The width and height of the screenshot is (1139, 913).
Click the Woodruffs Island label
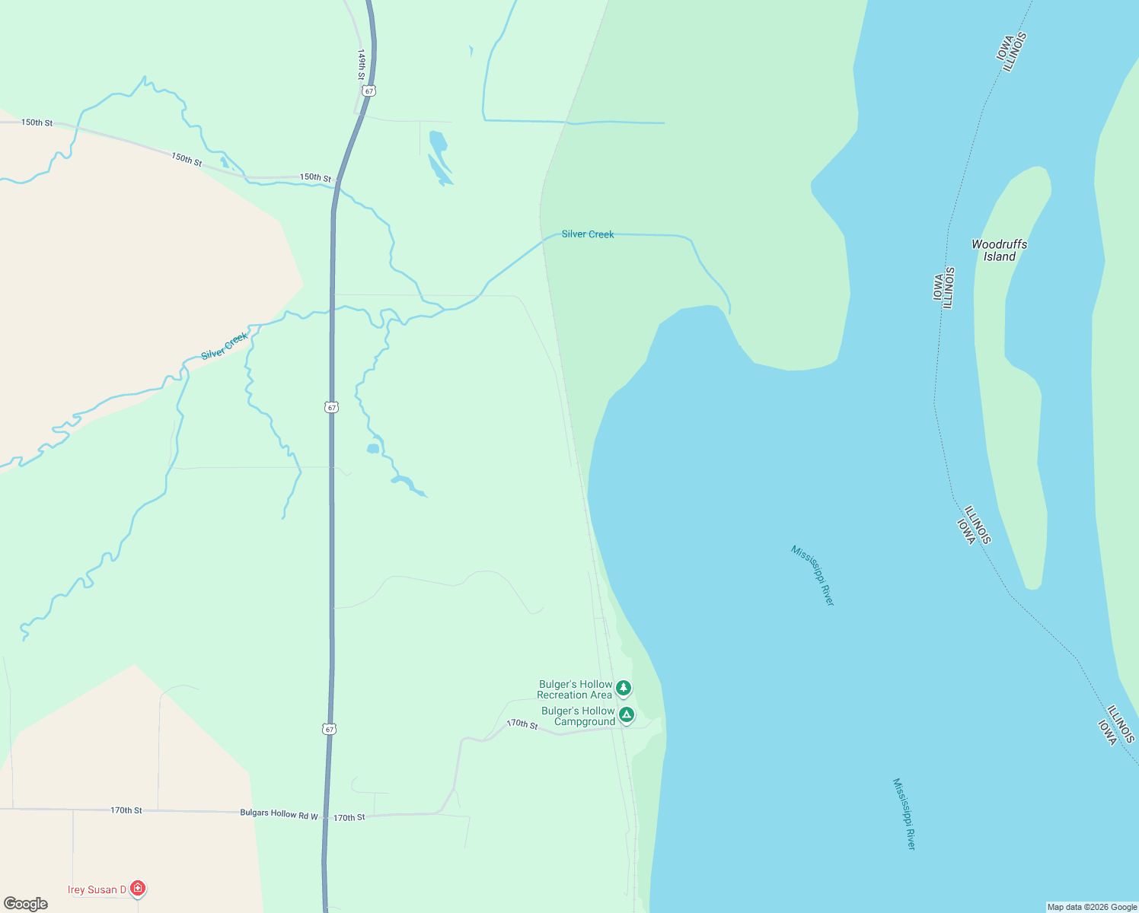999,250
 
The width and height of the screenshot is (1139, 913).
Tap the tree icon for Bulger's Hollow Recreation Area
624,689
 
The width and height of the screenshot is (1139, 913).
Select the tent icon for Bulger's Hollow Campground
626,715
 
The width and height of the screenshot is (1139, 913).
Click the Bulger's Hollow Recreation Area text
575,689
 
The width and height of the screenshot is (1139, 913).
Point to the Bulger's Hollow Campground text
578,716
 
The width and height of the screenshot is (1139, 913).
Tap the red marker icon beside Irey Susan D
137,888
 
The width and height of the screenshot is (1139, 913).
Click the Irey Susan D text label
97,889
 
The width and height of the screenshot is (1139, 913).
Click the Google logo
26,904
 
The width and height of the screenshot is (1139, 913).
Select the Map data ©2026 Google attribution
1092,907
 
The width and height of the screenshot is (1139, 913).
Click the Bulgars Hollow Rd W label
279,814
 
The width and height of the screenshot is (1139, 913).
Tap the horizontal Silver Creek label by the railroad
588,234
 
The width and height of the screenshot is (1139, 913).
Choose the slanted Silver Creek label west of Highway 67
225,346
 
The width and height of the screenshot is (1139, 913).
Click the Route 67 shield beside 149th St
369,91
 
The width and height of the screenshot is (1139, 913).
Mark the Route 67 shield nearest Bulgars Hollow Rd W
328,729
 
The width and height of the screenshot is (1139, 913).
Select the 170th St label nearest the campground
522,724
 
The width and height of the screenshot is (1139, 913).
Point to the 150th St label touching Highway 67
315,177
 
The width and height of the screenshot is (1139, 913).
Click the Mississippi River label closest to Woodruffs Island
812,575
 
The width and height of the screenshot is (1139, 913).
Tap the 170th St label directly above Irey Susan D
126,810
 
